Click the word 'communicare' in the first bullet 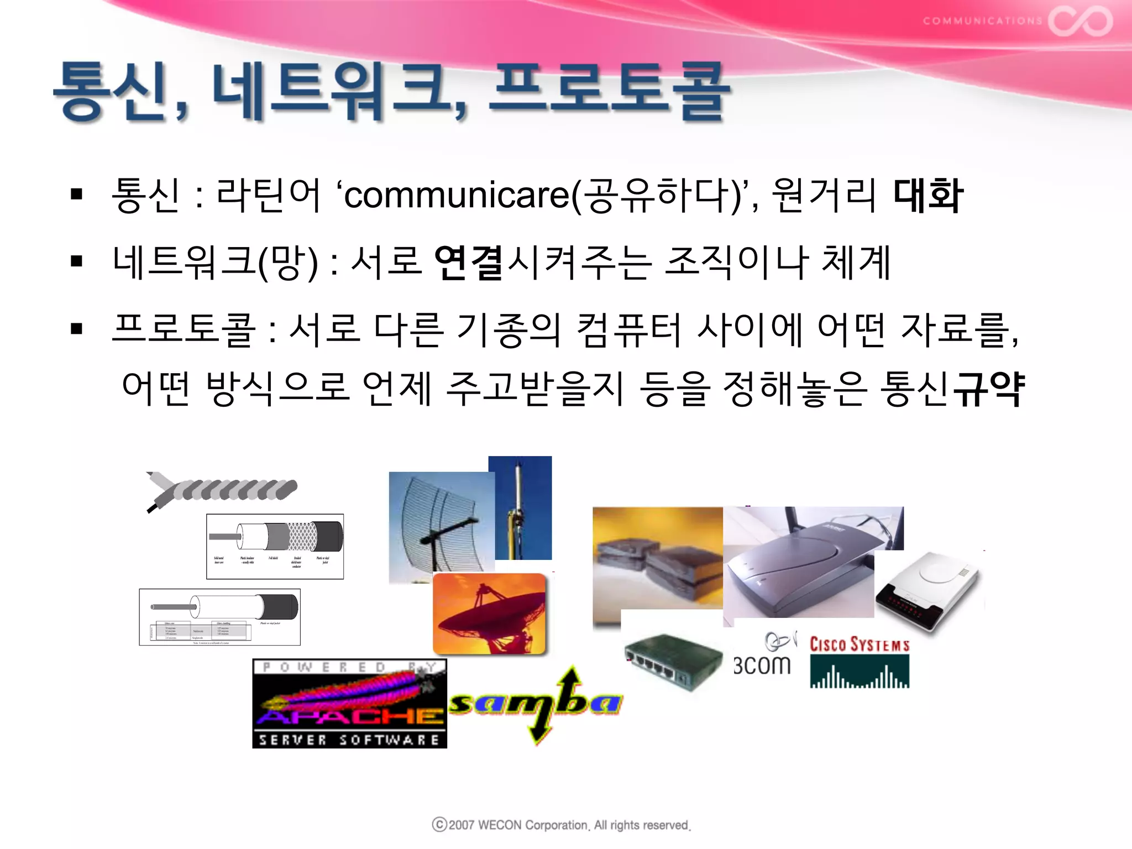[457, 195]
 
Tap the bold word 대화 [928, 195]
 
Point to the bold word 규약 [991, 388]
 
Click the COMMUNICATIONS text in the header [982, 21]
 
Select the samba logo [535, 704]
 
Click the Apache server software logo [349, 703]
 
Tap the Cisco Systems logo [860, 662]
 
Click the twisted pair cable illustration [221, 490]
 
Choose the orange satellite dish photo [489, 614]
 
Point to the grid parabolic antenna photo [441, 525]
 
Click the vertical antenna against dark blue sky [520, 507]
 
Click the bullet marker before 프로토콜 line [76, 329]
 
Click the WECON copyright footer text [562, 825]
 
